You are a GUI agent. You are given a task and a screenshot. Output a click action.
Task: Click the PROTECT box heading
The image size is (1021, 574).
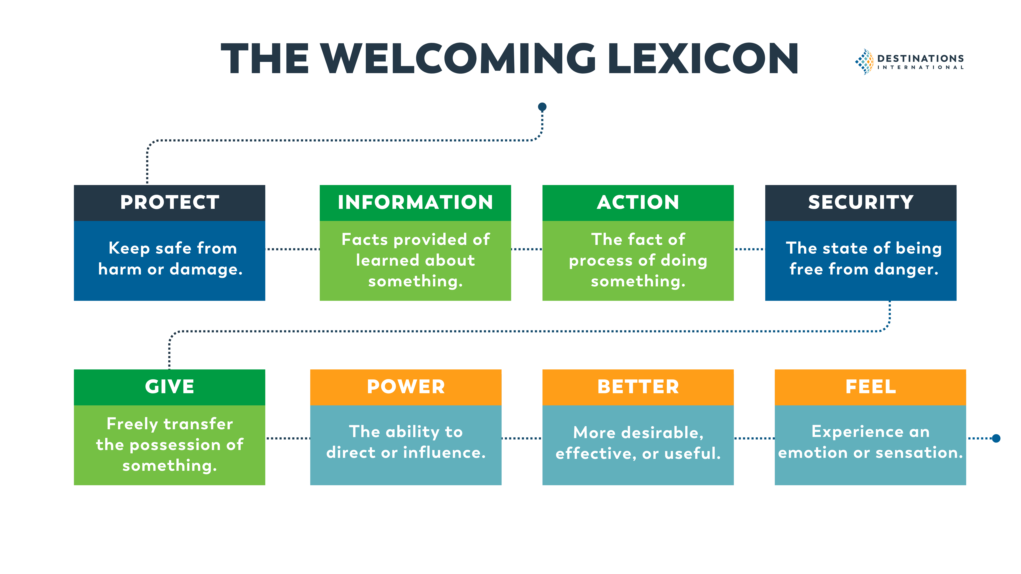170,202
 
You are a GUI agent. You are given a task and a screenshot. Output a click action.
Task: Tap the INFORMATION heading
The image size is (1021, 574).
415,202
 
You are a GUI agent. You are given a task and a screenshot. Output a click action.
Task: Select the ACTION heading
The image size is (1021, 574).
638,202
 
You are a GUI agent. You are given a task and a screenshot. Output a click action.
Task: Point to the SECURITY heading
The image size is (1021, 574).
861,202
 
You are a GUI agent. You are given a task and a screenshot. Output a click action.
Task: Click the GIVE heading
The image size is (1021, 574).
170,387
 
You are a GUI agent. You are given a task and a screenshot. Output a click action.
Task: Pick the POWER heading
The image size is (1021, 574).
406,387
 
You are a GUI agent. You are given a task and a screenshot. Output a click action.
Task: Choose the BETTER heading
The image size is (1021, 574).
638,387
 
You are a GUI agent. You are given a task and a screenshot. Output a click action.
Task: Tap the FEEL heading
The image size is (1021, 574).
870,387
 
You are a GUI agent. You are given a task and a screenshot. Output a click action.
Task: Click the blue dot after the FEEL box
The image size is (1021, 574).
996,438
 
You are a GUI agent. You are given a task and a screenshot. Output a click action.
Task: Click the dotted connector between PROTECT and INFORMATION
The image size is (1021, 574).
293,249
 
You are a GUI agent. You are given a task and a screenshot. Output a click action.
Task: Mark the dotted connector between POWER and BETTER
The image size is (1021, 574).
522,438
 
